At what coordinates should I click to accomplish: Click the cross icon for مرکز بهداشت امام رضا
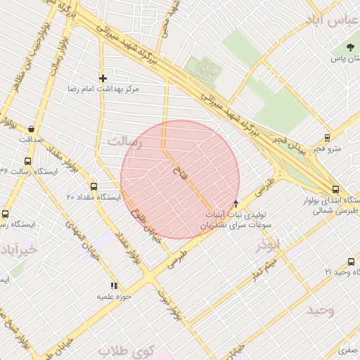point(103,78)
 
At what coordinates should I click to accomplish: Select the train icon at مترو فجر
point(327,138)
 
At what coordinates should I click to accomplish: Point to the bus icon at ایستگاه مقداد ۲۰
point(94,186)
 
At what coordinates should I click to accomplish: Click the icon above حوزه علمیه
point(114,285)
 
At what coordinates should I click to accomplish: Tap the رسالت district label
point(124,143)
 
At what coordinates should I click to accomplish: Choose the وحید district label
point(320,309)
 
